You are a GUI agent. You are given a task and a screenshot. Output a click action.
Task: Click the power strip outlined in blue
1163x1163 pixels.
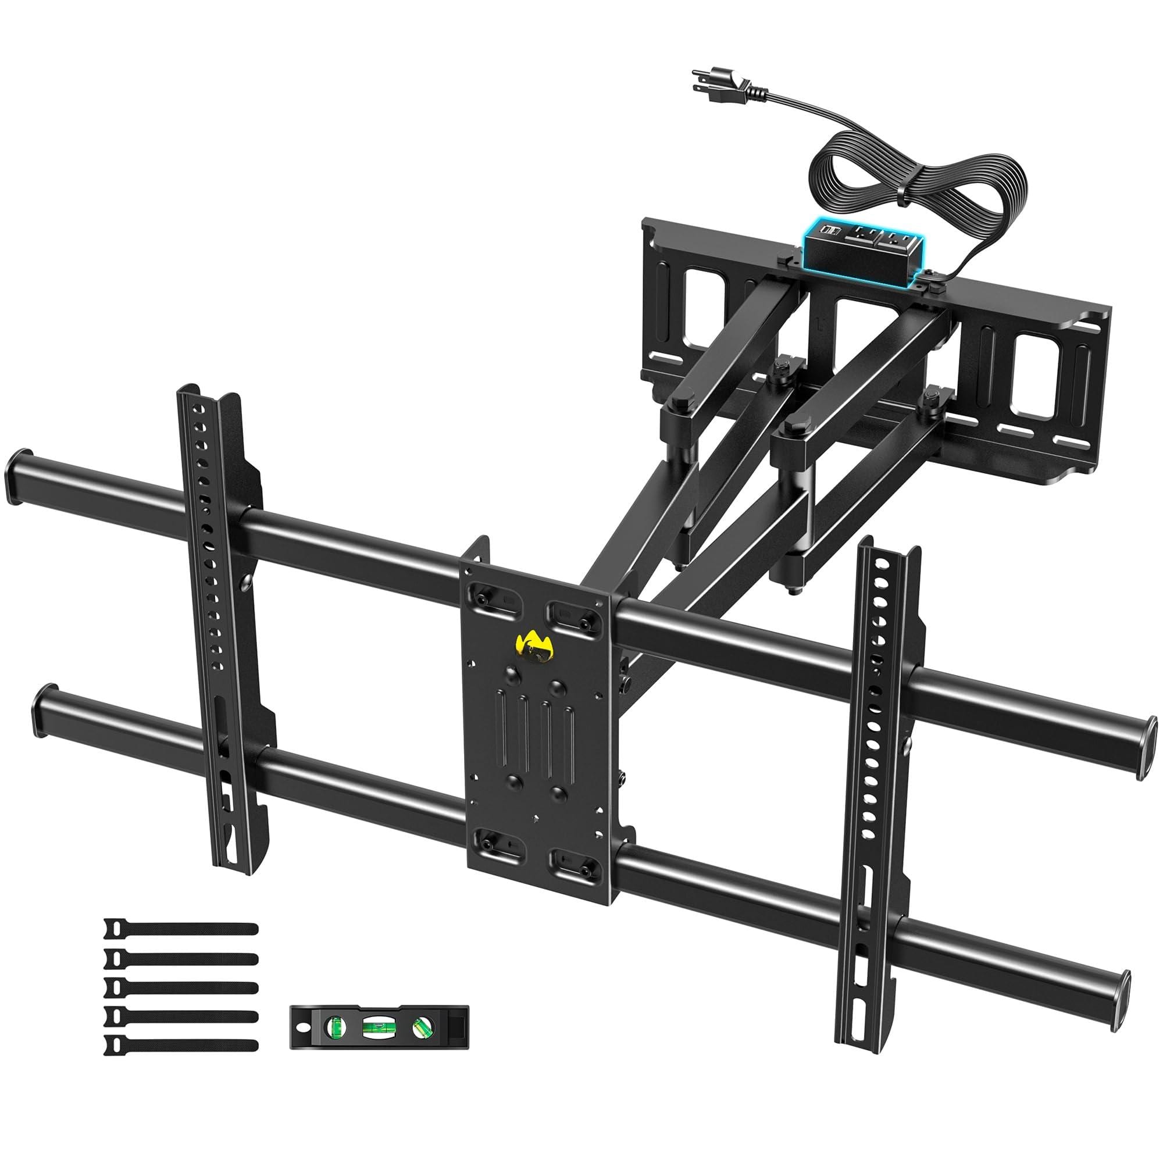[x=861, y=251]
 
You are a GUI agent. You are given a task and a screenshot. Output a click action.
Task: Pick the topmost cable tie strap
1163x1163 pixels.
[x=181, y=929]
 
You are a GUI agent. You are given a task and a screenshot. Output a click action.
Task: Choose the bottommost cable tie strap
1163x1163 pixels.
[x=181, y=1045]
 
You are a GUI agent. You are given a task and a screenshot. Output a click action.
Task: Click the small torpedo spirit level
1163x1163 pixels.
[x=379, y=1026]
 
